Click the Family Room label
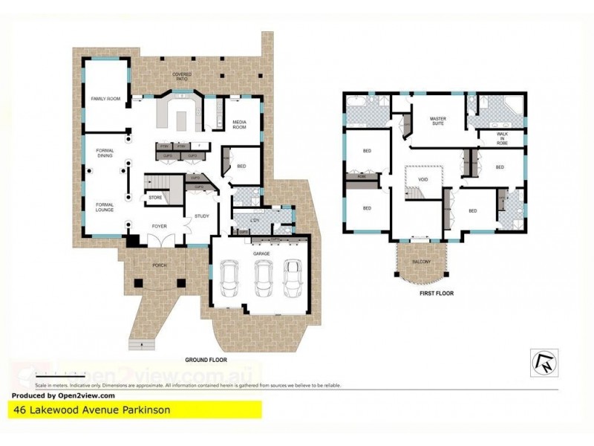point(105,99)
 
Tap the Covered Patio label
point(182,76)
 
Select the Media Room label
point(240,125)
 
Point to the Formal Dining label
point(105,154)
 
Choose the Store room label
point(155,198)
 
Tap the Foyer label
point(159,225)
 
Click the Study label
point(201,216)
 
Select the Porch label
point(159,264)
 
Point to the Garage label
point(261,253)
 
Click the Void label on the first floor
point(423,179)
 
